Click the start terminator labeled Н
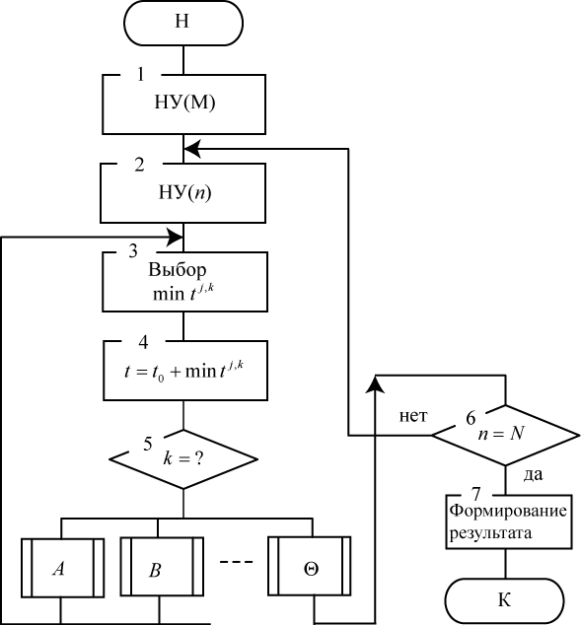pos(183,23)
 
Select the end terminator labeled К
pos(504,600)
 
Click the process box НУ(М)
pos(183,104)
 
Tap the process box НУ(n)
pos(183,193)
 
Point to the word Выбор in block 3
pos(178,270)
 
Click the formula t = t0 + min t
pos(183,371)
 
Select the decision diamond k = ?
pos(183,459)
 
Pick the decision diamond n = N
pos(506,436)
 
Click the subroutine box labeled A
pos(62,568)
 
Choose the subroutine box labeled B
pos(162,567)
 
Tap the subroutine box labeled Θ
pos(310,566)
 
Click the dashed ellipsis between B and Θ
pos(237,562)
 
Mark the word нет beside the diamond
pos(413,416)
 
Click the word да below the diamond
pos(533,474)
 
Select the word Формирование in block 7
pos(508,511)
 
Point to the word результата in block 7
pos(491,533)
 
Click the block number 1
pos(140,74)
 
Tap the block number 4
pos(143,342)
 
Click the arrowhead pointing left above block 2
pos(191,149)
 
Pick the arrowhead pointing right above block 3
pos(175,238)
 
